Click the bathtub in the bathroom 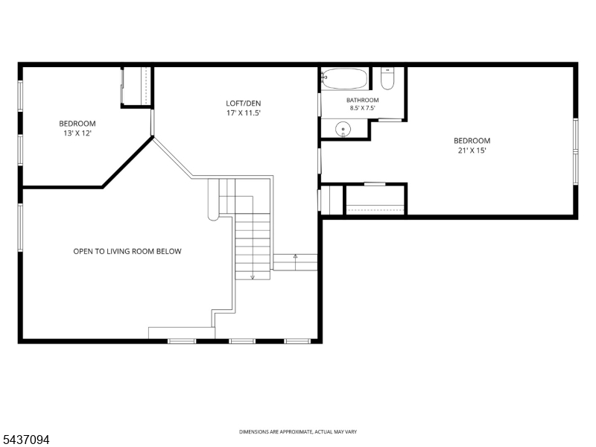(x=345, y=79)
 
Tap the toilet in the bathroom (x=387, y=79)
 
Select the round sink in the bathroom (x=343, y=129)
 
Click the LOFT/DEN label (x=244, y=104)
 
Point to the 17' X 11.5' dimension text (x=244, y=113)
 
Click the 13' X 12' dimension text (x=77, y=133)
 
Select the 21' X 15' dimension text (x=472, y=150)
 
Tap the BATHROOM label (x=363, y=101)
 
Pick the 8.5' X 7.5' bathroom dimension (x=363, y=108)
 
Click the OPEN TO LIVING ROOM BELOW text (x=127, y=251)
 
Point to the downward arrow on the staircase (x=253, y=276)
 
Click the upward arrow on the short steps (x=295, y=257)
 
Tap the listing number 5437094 (x=25, y=440)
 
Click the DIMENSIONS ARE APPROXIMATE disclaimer (x=298, y=432)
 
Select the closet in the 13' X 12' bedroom (x=136, y=86)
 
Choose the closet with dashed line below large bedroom (x=375, y=200)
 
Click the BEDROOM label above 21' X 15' (x=472, y=141)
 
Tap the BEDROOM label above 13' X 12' (x=77, y=124)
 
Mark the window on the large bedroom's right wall (x=575, y=152)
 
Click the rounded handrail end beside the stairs (x=213, y=216)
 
